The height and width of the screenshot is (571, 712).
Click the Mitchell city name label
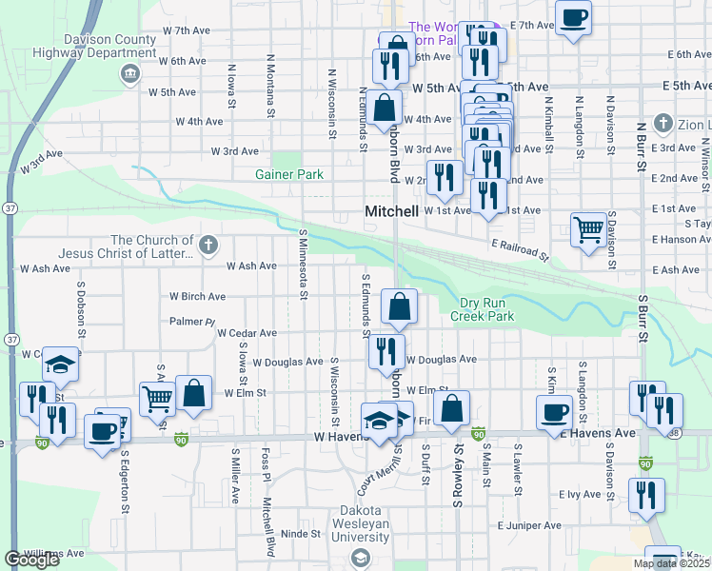(x=392, y=211)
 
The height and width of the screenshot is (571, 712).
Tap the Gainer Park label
(x=289, y=174)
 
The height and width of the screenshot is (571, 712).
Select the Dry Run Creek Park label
(x=482, y=309)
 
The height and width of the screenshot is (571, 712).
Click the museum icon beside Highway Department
(x=131, y=74)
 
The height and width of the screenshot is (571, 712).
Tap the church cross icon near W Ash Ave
(x=209, y=246)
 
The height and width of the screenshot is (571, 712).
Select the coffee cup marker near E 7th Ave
(x=573, y=18)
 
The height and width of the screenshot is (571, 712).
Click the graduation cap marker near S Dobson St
(x=60, y=365)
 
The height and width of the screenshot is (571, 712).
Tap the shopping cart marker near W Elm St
(x=158, y=399)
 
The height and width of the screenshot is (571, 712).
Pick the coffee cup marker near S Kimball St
(x=554, y=413)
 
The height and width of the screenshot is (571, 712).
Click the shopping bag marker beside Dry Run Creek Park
(x=400, y=306)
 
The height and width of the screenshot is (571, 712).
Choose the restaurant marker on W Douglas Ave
(x=386, y=351)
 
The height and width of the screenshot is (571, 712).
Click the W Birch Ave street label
(x=196, y=296)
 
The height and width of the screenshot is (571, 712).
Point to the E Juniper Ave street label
(x=527, y=525)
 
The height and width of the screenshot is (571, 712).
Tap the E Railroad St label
(x=522, y=250)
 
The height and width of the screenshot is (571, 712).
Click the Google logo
(x=31, y=560)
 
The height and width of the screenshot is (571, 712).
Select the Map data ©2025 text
(x=671, y=563)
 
